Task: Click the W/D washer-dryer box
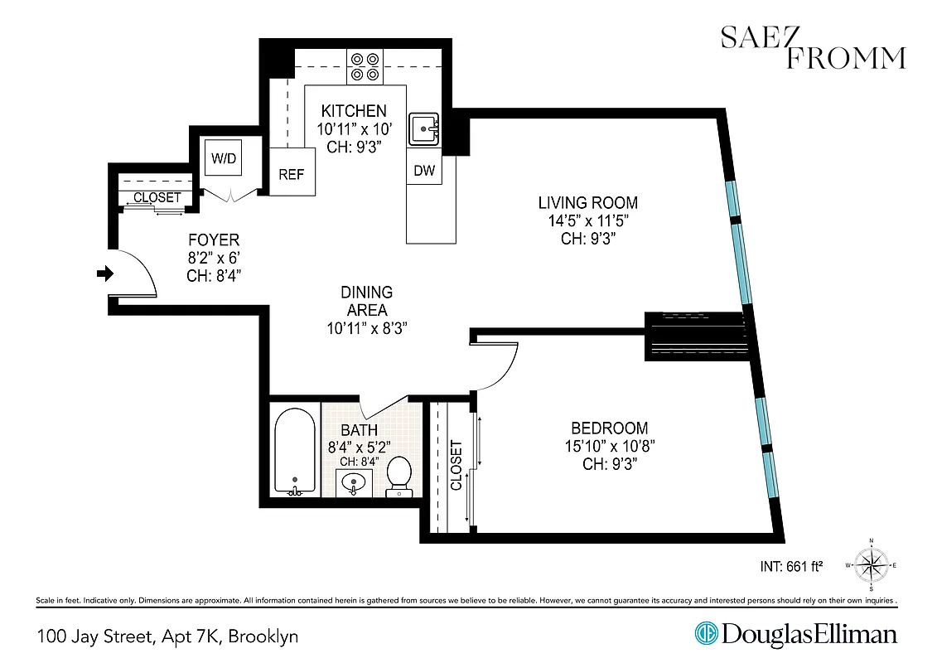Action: pos(224,158)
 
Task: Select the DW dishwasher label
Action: pos(423,170)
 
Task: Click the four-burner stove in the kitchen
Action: pos(365,66)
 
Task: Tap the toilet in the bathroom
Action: pos(399,475)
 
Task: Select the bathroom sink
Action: pos(355,482)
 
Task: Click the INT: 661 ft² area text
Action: pos(790,567)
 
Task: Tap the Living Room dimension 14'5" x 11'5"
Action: pos(587,220)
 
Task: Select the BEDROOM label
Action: pos(609,428)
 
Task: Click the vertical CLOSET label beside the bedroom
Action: pos(456,465)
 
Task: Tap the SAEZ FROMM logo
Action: pos(813,47)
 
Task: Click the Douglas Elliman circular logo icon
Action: pos(706,635)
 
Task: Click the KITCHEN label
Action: pos(354,111)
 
